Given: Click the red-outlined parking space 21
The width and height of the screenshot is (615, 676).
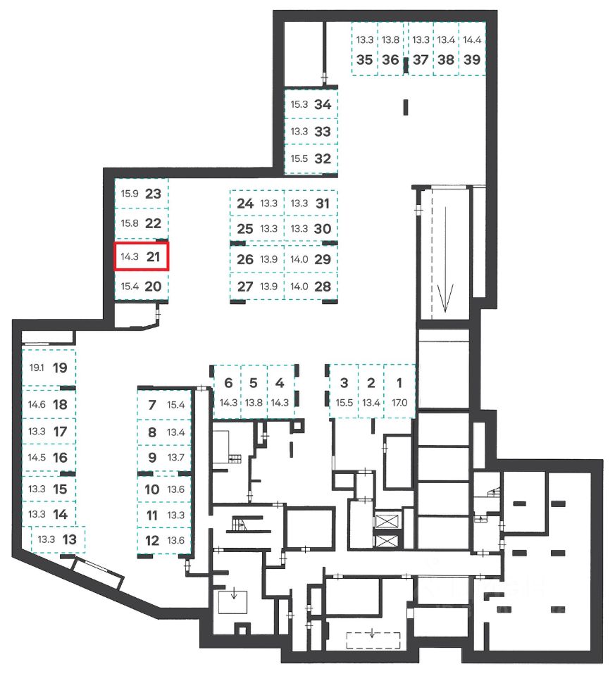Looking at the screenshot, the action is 142,257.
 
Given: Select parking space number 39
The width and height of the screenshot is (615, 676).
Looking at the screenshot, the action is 473,60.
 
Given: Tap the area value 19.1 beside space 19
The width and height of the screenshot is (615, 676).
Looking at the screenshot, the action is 37,368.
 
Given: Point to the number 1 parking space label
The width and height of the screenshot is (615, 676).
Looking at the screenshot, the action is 399,383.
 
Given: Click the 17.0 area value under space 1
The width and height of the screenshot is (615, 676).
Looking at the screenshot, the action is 399,403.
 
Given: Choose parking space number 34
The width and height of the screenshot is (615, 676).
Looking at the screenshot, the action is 323,104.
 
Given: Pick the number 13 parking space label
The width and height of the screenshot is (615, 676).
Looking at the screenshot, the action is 69,539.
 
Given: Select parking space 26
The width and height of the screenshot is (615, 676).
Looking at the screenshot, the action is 245,259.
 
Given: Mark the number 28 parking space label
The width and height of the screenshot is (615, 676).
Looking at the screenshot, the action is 323,286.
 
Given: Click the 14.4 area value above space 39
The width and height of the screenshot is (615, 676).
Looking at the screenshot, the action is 473,40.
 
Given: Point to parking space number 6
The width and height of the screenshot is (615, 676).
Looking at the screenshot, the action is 228,383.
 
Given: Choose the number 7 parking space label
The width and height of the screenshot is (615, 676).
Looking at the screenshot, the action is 151,405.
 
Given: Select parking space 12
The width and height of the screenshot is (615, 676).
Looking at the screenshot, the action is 151,541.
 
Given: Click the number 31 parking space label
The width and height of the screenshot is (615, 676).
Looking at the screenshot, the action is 323,204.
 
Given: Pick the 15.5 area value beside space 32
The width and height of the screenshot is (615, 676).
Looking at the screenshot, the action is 299,159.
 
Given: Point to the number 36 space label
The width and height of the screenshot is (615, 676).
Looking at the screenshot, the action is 390,60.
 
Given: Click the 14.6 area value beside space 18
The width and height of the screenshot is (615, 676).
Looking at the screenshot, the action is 37,405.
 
